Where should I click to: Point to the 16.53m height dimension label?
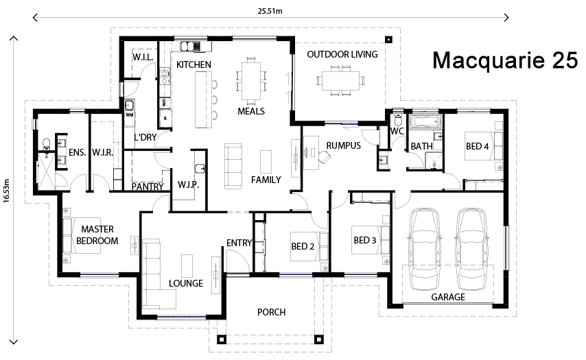coord(7,188)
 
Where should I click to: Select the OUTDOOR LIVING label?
coord(342,54)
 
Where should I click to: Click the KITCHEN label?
coord(194,64)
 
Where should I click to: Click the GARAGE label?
coord(447,298)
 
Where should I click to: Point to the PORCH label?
coord(271,312)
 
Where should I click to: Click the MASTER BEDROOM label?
coord(97,235)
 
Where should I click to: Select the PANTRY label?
coord(146,186)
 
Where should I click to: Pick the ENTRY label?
coord(239,242)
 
